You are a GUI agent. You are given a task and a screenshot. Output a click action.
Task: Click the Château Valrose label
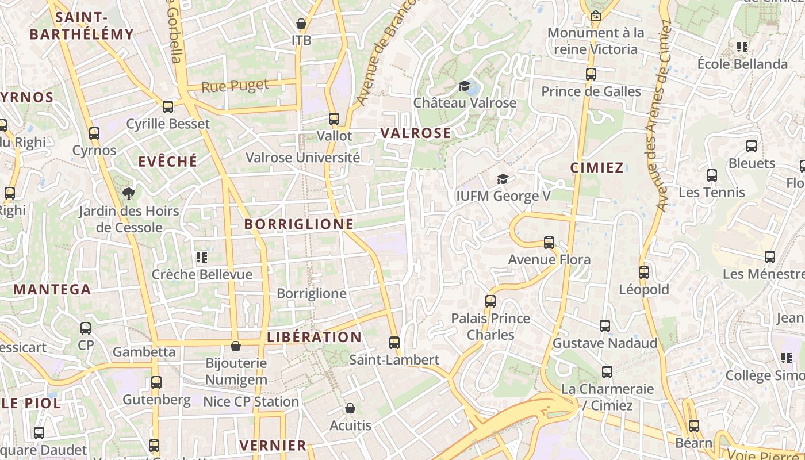(x=465, y=103)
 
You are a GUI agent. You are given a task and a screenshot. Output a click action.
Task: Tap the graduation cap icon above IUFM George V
(x=503, y=179)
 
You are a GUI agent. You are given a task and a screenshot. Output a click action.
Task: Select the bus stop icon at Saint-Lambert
(x=394, y=343)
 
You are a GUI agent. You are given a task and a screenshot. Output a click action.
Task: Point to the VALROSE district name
(x=416, y=133)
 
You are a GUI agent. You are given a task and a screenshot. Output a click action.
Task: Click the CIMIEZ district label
(x=597, y=168)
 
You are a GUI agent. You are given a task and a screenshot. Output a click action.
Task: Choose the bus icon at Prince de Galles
(x=591, y=74)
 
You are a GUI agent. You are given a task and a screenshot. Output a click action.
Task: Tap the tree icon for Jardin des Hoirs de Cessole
(x=129, y=194)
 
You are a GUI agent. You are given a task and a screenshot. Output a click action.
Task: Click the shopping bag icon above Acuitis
(x=350, y=409)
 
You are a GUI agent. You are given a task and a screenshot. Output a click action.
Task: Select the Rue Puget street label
(x=235, y=86)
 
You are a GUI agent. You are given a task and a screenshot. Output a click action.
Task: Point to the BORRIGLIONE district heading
(x=299, y=224)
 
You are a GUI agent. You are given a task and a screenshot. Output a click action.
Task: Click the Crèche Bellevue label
(x=202, y=275)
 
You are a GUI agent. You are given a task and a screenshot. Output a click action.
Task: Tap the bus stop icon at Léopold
(x=643, y=273)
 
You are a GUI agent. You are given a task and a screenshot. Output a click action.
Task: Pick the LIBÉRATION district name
(x=314, y=338)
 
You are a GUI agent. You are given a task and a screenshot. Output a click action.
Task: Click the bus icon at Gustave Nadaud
(x=604, y=326)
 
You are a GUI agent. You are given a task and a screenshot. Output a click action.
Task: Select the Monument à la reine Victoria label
(x=596, y=41)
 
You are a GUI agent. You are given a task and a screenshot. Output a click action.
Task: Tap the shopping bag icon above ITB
(x=301, y=24)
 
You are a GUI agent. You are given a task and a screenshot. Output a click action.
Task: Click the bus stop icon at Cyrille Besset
(x=168, y=107)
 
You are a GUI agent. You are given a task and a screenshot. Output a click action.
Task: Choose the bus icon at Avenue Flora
(x=549, y=243)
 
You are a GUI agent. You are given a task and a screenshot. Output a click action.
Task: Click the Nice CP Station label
(x=251, y=402)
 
